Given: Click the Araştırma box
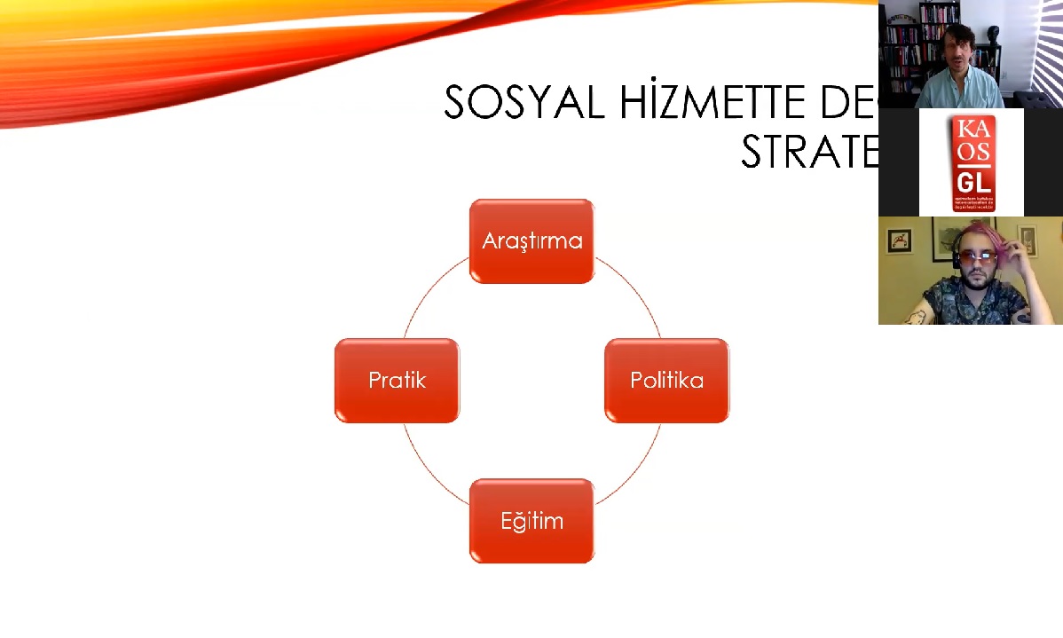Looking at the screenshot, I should pos(531,241).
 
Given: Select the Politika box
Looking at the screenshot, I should pos(666,381).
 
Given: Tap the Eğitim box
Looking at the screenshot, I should pos(531,521).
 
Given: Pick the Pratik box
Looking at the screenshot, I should pos(397,381).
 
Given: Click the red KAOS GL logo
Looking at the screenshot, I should pos(972,162).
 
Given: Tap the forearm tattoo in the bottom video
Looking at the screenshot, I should pos(915,315).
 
